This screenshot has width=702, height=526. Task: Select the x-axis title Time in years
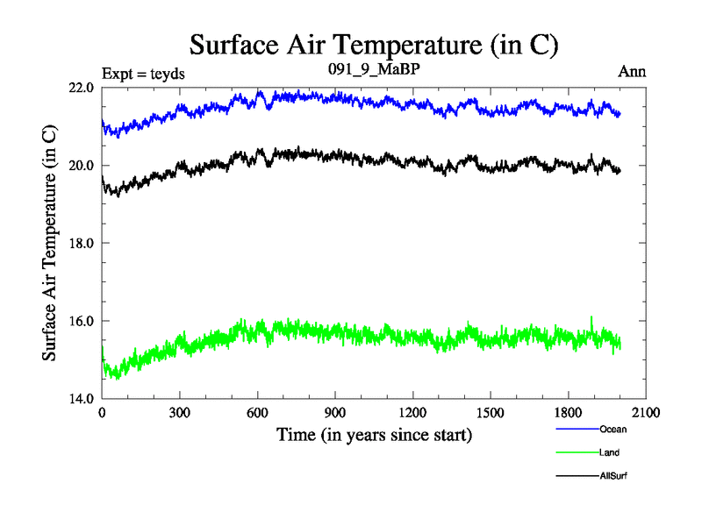pos(374,434)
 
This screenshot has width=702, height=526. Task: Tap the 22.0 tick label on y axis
pos(82,88)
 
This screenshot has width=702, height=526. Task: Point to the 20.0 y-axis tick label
pos(82,166)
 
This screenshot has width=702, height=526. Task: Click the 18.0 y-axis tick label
pos(82,243)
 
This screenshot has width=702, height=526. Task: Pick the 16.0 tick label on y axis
pos(82,321)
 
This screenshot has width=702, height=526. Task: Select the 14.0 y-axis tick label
pos(82,398)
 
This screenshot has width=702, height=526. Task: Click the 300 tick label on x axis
pos(180,413)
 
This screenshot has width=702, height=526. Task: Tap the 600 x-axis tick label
pos(257,413)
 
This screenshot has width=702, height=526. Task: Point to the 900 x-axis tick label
pos(335,413)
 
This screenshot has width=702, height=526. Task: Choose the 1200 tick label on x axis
pos(412,413)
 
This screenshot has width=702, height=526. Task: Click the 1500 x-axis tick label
pos(491,413)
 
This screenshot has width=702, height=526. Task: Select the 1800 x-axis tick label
pos(568,413)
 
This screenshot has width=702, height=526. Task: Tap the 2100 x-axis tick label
pos(646,413)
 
